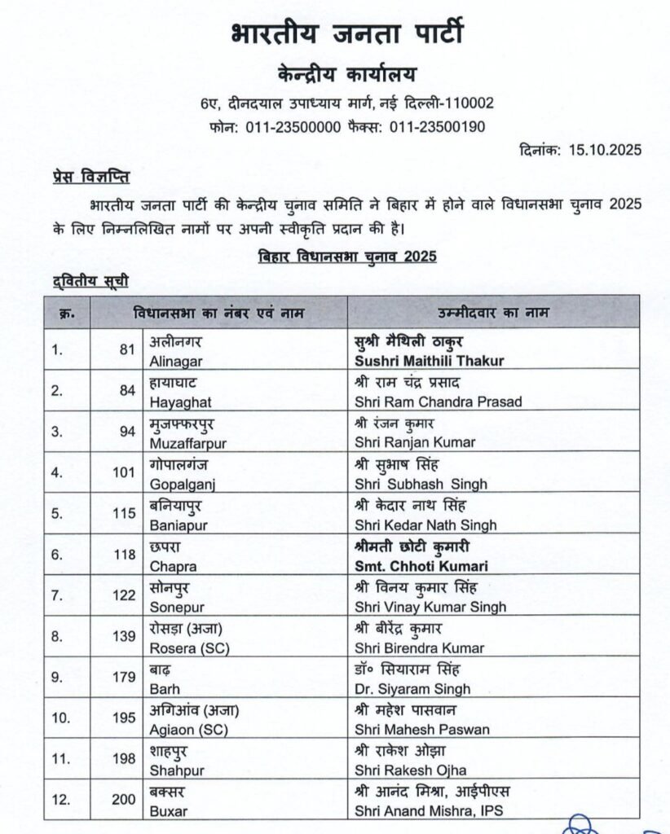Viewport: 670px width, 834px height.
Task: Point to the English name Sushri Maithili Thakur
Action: [430, 360]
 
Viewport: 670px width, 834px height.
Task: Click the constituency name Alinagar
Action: [176, 360]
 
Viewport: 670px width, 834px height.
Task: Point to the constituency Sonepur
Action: [175, 607]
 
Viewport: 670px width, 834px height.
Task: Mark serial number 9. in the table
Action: [56, 679]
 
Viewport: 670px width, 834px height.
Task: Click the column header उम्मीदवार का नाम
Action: [493, 313]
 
